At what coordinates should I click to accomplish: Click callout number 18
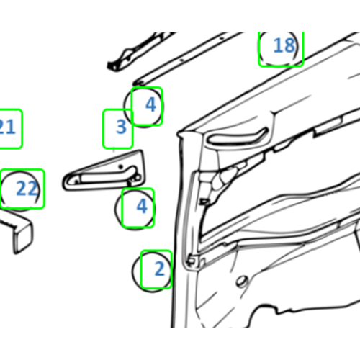(x=284, y=45)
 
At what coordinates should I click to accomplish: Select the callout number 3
(x=121, y=127)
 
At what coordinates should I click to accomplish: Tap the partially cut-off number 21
(x=7, y=127)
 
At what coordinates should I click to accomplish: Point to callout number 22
(x=27, y=189)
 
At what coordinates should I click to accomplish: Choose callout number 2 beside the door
(x=160, y=269)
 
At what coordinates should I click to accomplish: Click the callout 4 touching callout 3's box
(x=150, y=104)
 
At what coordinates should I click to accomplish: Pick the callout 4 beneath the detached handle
(x=142, y=206)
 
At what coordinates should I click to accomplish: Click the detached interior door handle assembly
(x=104, y=171)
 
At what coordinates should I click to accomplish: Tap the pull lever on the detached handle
(x=107, y=176)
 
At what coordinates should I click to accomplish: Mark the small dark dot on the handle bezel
(x=120, y=166)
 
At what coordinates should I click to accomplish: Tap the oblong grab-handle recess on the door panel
(x=237, y=138)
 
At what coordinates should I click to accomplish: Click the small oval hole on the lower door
(x=242, y=281)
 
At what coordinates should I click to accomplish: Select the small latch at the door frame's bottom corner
(x=192, y=261)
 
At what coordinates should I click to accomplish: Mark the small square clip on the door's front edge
(x=204, y=202)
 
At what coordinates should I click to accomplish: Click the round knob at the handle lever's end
(x=137, y=178)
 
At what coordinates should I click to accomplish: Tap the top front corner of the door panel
(x=179, y=133)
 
